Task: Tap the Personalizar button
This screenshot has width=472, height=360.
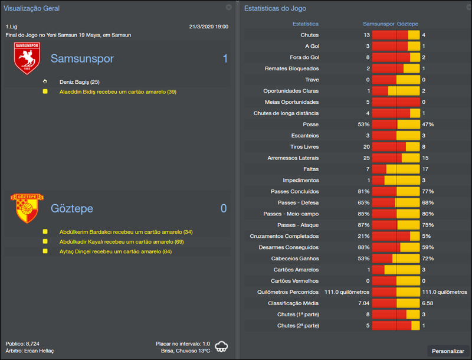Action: pyautogui.click(x=448, y=351)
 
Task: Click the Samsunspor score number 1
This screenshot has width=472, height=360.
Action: pyautogui.click(x=225, y=58)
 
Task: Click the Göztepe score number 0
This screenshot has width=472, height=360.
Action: pyautogui.click(x=224, y=208)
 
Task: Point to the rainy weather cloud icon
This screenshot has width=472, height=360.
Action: pyautogui.click(x=222, y=346)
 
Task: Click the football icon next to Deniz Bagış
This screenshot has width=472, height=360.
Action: pyautogui.click(x=45, y=81)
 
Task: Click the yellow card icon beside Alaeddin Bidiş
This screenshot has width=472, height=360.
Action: pyautogui.click(x=45, y=91)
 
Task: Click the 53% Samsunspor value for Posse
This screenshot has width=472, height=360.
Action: pyautogui.click(x=363, y=125)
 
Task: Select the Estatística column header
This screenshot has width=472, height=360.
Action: pyautogui.click(x=306, y=24)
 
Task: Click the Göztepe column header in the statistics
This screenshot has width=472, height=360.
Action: pyautogui.click(x=408, y=24)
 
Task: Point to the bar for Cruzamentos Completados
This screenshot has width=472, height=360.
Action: pyautogui.click(x=395, y=236)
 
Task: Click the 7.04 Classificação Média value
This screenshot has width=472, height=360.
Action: pyautogui.click(x=363, y=303)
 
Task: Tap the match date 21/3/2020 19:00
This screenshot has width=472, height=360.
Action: pyautogui.click(x=208, y=27)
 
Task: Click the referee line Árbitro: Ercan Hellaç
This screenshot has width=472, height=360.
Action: pyautogui.click(x=29, y=351)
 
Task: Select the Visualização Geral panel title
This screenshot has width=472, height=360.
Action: pyautogui.click(x=32, y=8)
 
